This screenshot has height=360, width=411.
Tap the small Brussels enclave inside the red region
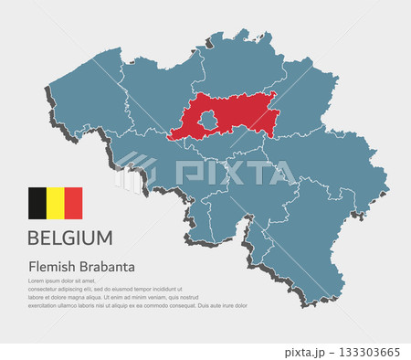point(208,120)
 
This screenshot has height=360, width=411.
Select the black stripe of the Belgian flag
point(37,203)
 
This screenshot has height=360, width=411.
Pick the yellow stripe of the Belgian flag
point(55,203)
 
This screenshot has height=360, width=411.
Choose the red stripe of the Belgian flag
point(73,203)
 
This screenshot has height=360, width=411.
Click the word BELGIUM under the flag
point(70,238)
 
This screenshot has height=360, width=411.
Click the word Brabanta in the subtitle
point(106,266)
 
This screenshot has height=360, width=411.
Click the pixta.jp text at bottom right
point(303,352)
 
